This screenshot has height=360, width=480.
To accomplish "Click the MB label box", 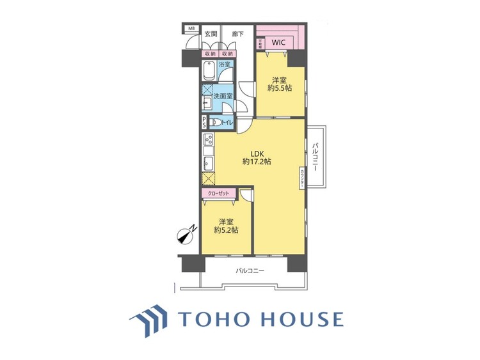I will (190, 28).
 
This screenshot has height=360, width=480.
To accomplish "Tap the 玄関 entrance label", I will (211, 33).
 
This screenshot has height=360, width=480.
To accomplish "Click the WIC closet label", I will (278, 42).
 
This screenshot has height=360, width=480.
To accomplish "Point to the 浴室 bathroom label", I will (225, 65).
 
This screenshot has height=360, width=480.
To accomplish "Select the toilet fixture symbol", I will (216, 122).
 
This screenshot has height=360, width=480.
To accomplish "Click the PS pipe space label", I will (204, 122).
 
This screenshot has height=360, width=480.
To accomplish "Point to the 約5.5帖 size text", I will (279, 88).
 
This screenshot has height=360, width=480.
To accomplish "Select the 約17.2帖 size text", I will (257, 162).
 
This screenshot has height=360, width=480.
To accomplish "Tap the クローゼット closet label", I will (218, 192).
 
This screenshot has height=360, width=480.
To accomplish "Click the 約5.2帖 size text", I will (226, 230).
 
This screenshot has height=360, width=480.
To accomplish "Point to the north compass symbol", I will (187, 235).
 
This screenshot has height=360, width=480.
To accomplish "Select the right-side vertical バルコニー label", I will (316, 156).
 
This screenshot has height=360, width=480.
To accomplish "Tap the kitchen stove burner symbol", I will (209, 141).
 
